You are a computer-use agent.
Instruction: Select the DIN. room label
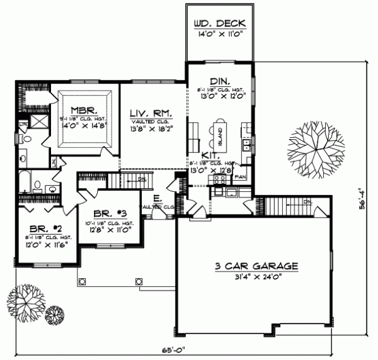[219, 81]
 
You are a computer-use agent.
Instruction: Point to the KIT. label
[211, 154]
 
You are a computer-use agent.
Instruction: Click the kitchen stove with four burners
[220, 179]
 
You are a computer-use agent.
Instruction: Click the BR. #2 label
[37, 228]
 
